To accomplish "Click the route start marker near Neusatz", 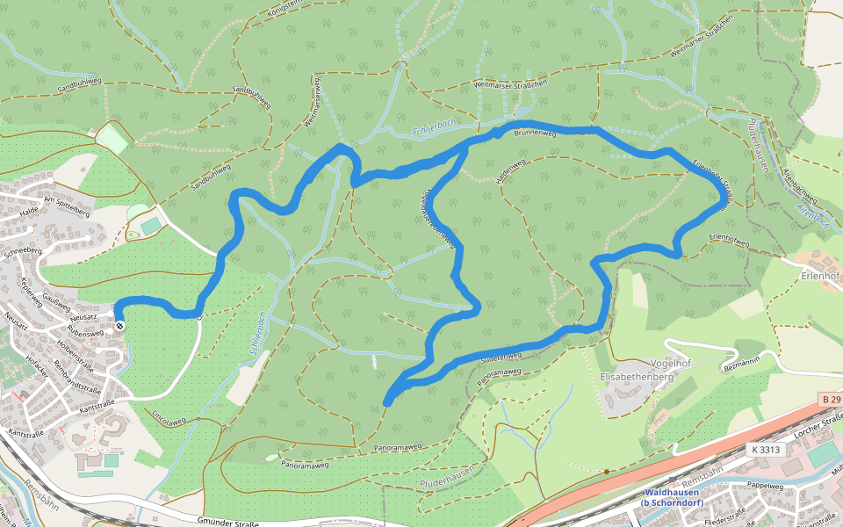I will coord(119,326).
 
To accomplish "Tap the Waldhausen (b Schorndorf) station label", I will coord(671,497).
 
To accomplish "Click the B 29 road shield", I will coord(831,400).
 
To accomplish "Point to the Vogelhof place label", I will coord(673,363).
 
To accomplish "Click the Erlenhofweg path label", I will coord(728,238).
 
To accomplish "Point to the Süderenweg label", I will coord(501,358).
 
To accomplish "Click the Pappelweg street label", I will coord(765,485).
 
